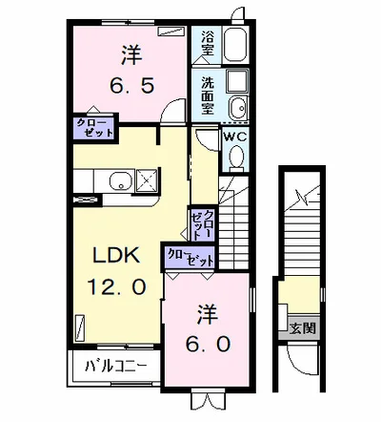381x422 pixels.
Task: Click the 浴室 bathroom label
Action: point(206,43)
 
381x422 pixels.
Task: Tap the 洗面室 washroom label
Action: point(207,93)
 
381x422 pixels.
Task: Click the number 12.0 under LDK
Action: point(117,285)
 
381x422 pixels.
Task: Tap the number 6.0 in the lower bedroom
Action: point(209,342)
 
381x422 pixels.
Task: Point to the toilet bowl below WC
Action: point(234,159)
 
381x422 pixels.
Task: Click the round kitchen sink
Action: point(121,180)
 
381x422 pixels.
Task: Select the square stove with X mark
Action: point(149,180)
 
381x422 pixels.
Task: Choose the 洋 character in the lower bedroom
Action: point(209,311)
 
